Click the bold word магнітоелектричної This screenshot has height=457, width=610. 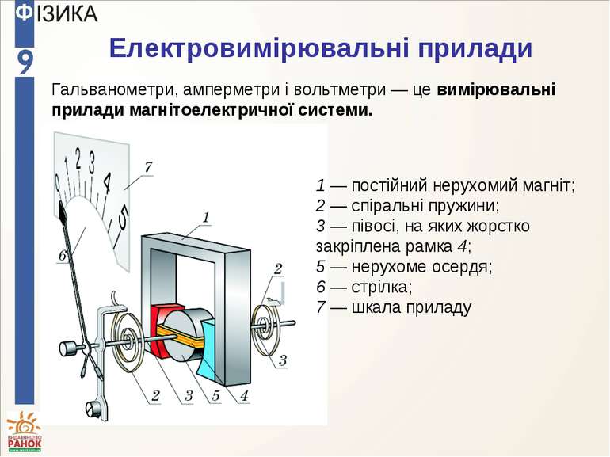tap(193, 109)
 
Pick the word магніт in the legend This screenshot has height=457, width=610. tap(551, 187)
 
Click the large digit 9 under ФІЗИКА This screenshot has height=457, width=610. tap(25, 62)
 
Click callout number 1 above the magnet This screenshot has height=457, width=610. tap(205, 216)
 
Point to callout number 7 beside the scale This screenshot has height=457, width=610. tap(147, 167)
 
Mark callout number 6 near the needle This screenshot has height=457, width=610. tap(63, 256)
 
